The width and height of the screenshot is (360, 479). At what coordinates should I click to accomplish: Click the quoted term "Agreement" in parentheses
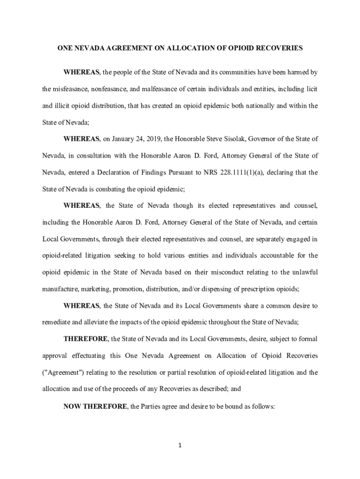[59, 372]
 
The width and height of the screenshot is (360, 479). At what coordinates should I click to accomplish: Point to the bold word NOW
[72, 406]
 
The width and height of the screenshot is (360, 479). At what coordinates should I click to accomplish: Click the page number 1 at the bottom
[180, 445]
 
